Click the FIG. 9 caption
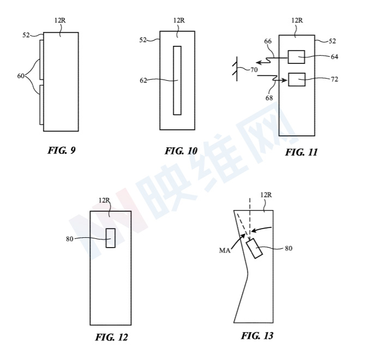[x=62, y=151]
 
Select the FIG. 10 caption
[x=181, y=151]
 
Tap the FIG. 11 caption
[x=301, y=152]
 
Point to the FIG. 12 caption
[x=111, y=337]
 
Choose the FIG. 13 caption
[x=257, y=336]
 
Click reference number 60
[x=21, y=76]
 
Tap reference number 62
[x=143, y=81]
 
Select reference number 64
[x=334, y=57]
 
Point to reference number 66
[x=268, y=41]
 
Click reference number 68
[x=269, y=98]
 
